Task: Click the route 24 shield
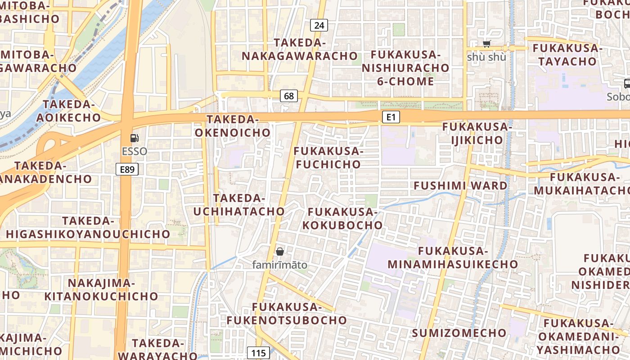[319, 25]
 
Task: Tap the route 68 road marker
[289, 95]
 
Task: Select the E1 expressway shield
[391, 117]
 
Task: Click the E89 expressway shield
[127, 169]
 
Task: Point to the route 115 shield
[259, 353]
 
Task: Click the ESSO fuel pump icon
[134, 139]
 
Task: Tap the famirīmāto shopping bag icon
[280, 252]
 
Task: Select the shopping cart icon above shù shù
[486, 44]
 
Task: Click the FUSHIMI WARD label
[460, 185]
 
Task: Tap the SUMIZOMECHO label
[459, 333]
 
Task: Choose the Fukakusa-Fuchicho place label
[328, 157]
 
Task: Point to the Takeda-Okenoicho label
[232, 126]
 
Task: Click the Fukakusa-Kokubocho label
[342, 218]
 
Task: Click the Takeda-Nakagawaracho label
[300, 49]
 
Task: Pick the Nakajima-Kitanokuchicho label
[101, 290]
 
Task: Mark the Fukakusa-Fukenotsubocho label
[287, 314]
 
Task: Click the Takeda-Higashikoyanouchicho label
[88, 228]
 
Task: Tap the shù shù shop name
[486, 57]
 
